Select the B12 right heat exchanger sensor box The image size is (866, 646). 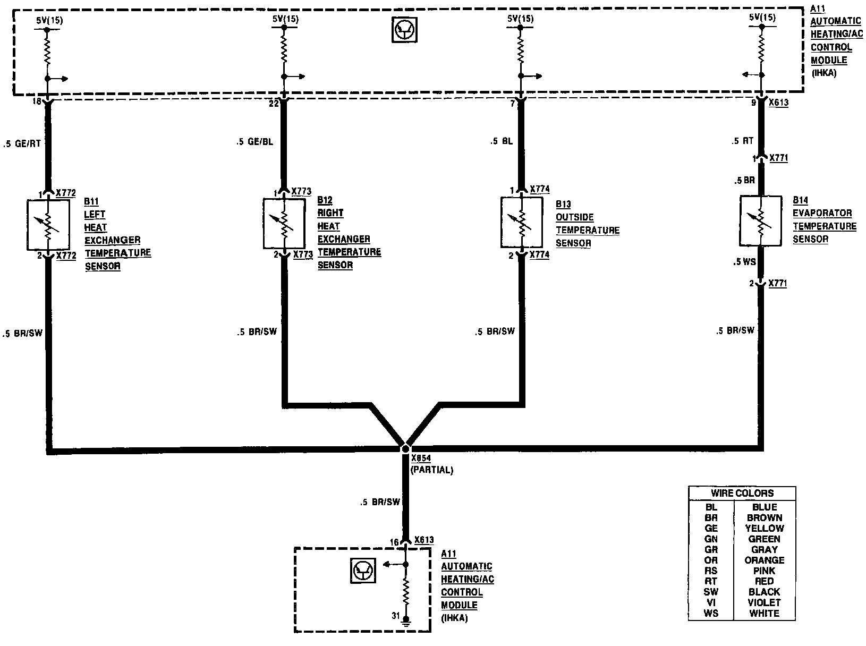284,224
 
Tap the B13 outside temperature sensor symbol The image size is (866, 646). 522,223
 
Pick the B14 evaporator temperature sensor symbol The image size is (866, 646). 761,220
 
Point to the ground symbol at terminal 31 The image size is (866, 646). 406,619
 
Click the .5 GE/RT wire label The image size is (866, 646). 22,143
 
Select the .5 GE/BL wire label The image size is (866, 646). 256,142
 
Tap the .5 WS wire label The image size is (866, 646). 744,261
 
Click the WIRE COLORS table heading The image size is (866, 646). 742,493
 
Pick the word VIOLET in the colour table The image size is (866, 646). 764,602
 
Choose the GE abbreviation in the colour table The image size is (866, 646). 711,528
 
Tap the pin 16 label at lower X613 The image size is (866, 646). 394,542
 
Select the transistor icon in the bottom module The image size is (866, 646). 363,572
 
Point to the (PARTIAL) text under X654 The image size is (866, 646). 431,470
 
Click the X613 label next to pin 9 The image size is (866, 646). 778,103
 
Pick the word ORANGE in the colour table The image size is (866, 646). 764,560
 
